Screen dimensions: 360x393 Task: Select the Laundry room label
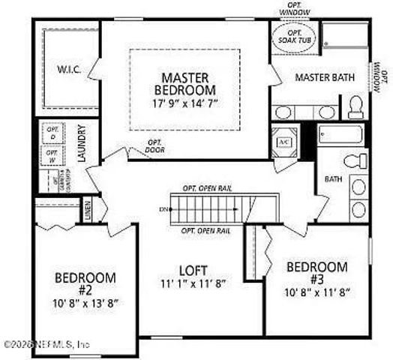(x=82, y=143)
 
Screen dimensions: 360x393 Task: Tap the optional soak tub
(x=293, y=37)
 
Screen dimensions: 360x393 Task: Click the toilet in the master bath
(x=356, y=107)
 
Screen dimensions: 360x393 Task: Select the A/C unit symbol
(x=285, y=142)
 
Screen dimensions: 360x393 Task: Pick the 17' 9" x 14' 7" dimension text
(x=184, y=104)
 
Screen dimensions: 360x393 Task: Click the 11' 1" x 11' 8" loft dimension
(x=193, y=283)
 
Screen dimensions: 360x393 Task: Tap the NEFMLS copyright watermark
(x=46, y=345)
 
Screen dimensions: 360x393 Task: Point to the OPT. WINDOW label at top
(x=293, y=9)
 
